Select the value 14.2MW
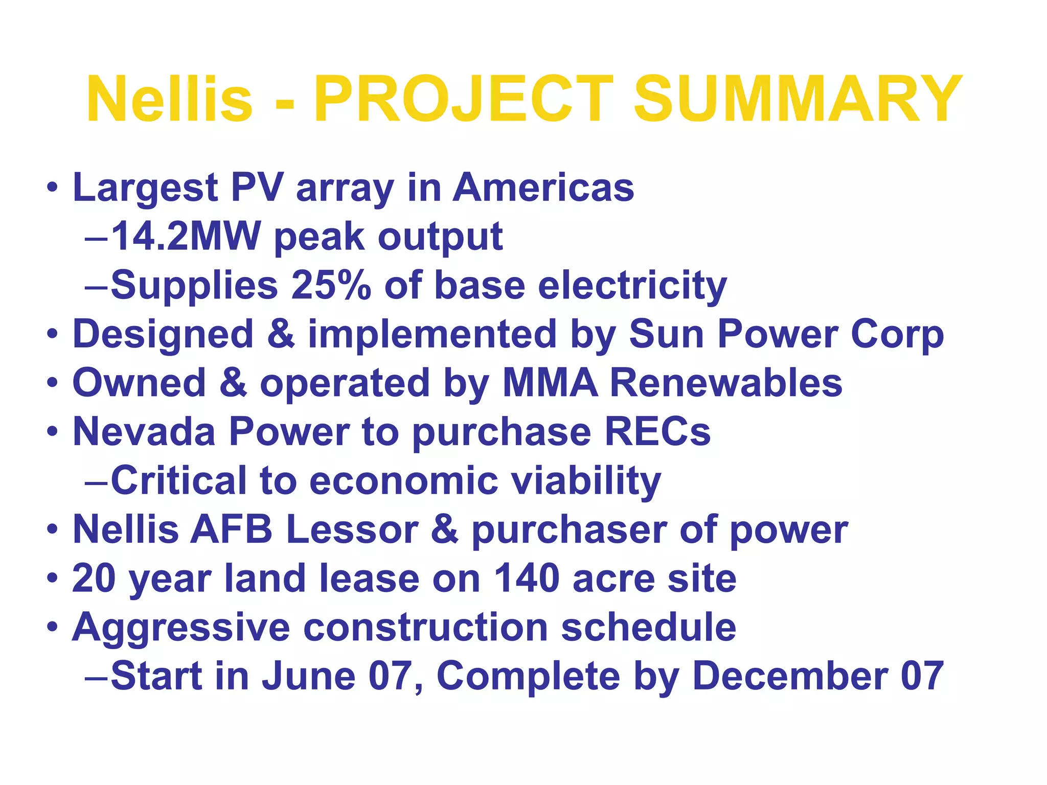coord(186,237)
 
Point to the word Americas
coord(543,188)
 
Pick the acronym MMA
coord(550,383)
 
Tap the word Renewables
coord(726,383)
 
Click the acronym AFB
coord(232,529)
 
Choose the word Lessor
coord(352,529)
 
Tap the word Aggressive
coord(181,628)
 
